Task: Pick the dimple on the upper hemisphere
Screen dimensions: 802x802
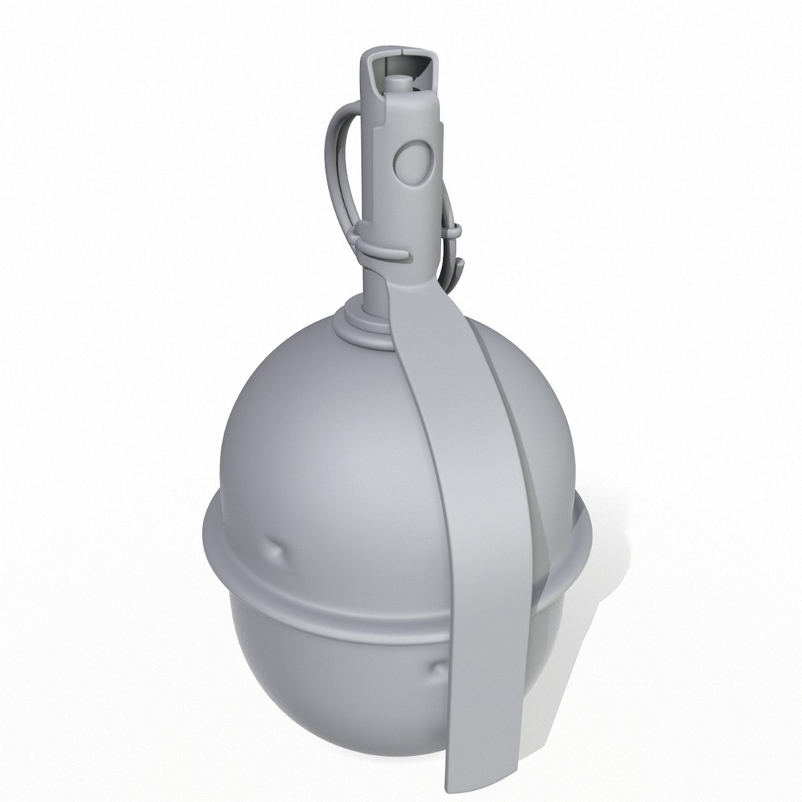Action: click(x=277, y=551)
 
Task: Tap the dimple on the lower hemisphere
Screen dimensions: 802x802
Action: click(x=438, y=672)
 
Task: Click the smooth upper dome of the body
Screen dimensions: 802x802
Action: click(x=312, y=431)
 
